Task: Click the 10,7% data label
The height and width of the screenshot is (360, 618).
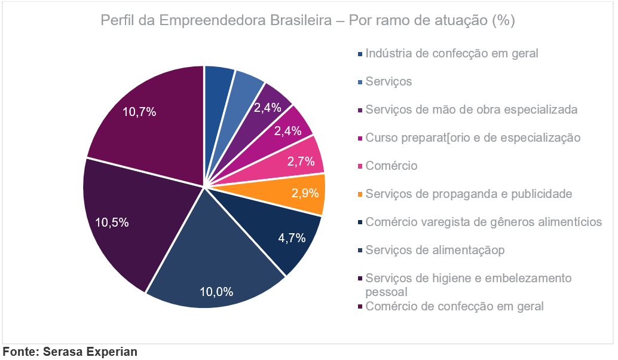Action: (139, 111)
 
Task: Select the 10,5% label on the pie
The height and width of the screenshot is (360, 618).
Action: (112, 222)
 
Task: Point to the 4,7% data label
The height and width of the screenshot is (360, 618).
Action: (292, 237)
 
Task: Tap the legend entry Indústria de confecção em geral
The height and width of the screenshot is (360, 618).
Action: (451, 53)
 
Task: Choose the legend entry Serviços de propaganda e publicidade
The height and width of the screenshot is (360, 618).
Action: (469, 194)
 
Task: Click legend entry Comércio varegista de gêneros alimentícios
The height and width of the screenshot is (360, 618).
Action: (483, 222)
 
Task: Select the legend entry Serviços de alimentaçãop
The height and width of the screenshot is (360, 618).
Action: (435, 250)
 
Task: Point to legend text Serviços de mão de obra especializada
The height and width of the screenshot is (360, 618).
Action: (471, 109)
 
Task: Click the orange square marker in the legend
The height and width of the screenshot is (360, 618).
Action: (360, 194)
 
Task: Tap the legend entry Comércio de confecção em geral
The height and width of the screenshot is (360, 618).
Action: (454, 306)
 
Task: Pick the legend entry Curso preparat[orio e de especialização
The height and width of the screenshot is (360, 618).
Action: (473, 138)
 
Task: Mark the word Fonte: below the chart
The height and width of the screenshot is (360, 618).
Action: (21, 352)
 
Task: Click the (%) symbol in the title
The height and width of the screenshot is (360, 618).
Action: (503, 21)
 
